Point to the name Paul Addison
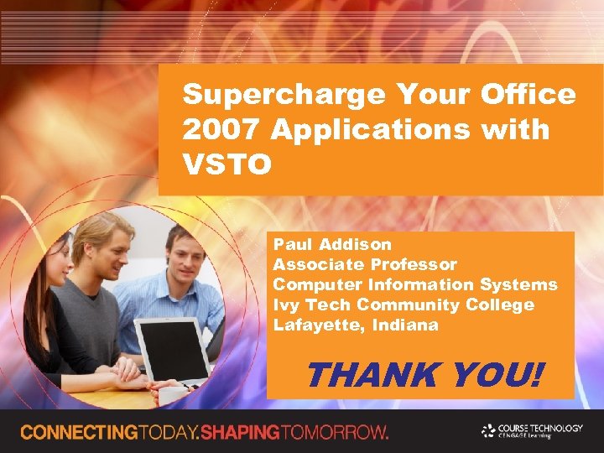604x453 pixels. pos(332,244)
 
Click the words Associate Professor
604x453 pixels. pos(365,264)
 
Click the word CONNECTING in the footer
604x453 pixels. pos(81,433)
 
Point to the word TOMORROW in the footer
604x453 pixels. pos(336,433)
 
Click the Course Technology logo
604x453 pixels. pos(532,430)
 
